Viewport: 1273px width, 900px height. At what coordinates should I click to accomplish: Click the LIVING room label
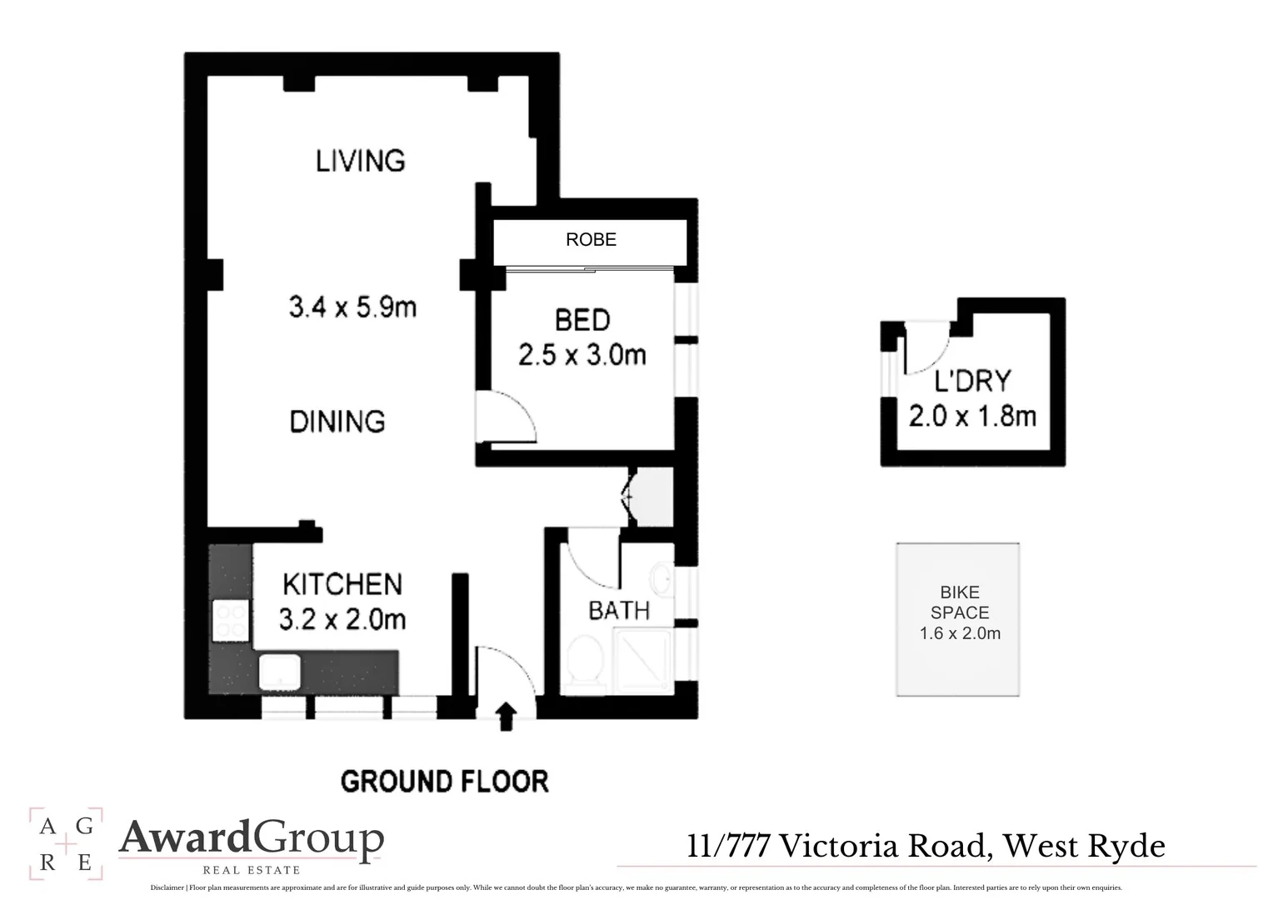click(x=360, y=160)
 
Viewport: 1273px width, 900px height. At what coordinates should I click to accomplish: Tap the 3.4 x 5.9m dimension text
click(x=352, y=307)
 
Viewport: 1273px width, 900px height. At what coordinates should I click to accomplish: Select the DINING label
click(x=337, y=422)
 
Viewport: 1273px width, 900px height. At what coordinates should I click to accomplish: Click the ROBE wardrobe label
click(x=591, y=240)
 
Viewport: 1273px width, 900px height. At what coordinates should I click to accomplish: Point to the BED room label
click(x=582, y=320)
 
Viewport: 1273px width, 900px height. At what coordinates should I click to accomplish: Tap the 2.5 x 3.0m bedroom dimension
click(x=582, y=356)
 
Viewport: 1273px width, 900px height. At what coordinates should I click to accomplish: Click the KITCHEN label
click(x=342, y=584)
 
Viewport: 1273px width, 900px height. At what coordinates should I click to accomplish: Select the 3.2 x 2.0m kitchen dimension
click(x=342, y=620)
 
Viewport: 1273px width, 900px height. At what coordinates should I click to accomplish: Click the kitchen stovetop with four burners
click(x=231, y=621)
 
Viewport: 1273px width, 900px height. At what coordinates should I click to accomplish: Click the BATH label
click(x=619, y=611)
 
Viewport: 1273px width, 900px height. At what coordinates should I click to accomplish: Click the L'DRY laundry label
click(x=972, y=382)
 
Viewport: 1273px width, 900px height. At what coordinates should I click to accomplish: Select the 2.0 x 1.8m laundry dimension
click(x=972, y=416)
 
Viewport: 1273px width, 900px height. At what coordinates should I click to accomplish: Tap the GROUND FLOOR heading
click(x=445, y=782)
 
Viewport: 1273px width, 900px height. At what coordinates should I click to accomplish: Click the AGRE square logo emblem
click(x=66, y=843)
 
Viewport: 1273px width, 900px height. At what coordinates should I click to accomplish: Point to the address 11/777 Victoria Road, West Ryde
click(x=926, y=847)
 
